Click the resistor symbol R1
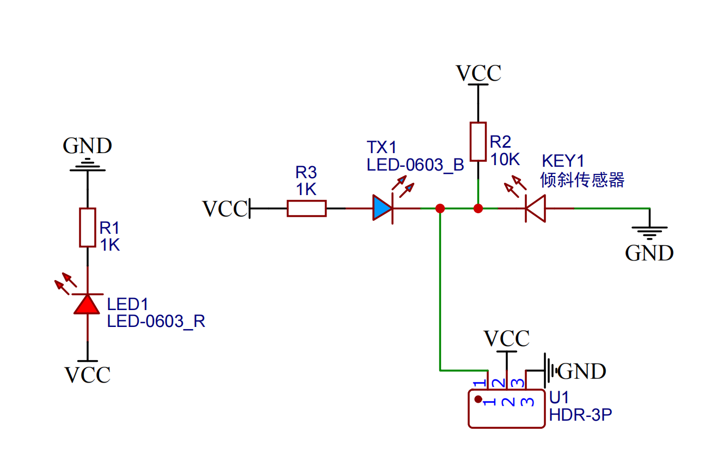(x=88, y=227)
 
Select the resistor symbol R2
(x=477, y=142)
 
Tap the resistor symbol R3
(x=306, y=208)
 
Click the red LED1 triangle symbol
(x=87, y=304)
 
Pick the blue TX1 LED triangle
(x=382, y=208)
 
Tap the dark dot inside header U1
(x=478, y=399)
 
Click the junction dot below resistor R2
(x=478, y=208)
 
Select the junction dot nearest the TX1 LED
(x=440, y=208)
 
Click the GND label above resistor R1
(x=87, y=146)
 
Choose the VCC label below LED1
(x=88, y=375)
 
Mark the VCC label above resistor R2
(x=478, y=73)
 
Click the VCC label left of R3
(x=225, y=209)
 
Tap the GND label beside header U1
(x=582, y=371)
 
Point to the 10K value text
(x=505, y=160)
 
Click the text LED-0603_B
(x=415, y=165)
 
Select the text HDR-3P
(x=580, y=415)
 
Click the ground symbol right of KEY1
(x=649, y=231)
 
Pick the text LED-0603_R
(x=156, y=321)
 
